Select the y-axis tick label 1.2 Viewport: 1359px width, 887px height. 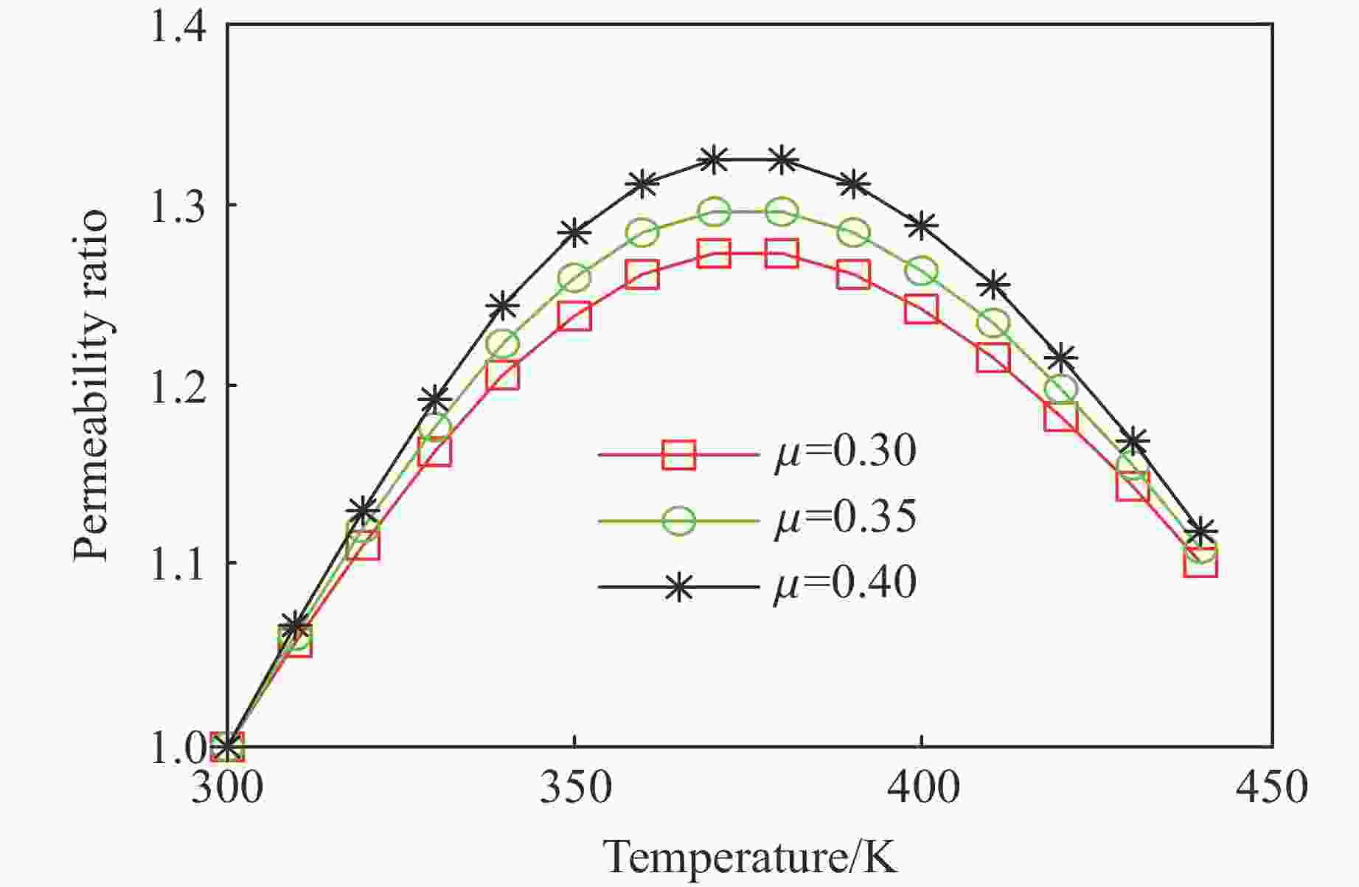(178, 386)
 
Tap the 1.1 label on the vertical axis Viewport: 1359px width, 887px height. (178, 564)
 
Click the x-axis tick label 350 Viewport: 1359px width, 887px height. (574, 787)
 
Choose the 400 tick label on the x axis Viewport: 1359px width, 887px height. (922, 787)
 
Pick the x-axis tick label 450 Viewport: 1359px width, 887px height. (1270, 787)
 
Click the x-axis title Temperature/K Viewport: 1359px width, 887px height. (751, 857)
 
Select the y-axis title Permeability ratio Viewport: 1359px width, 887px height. (91, 387)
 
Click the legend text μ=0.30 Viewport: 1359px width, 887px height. (845, 451)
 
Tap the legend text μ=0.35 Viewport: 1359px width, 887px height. (845, 517)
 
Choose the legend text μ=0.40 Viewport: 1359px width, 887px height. (845, 583)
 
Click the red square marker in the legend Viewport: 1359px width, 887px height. (678, 455)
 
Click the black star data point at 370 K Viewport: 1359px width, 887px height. (713, 159)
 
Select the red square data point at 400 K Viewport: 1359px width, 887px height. (922, 309)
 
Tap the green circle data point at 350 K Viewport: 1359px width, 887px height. (574, 279)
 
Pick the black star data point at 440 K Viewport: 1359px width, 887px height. (1200, 531)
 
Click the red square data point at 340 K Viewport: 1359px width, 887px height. (503, 375)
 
